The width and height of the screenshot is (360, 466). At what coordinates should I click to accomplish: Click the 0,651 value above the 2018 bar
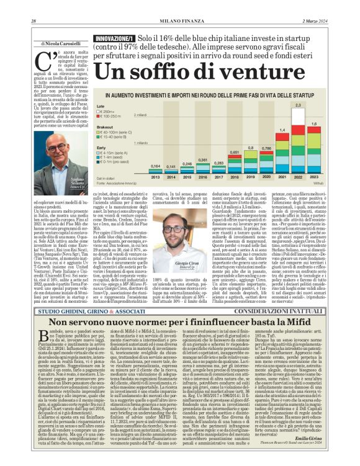coord(235,152)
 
